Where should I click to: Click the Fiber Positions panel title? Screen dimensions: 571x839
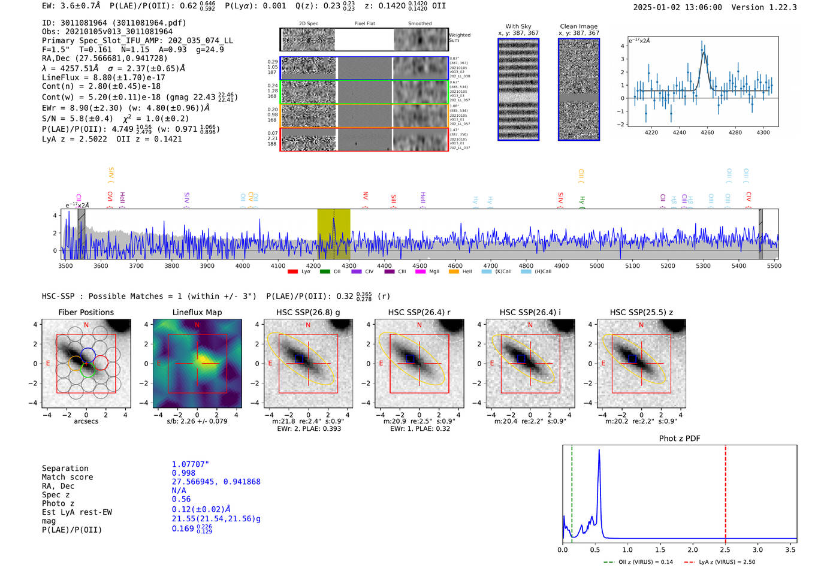coord(86,312)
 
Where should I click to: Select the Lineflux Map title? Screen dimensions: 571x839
coord(197,312)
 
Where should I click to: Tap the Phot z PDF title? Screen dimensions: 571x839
coord(680,439)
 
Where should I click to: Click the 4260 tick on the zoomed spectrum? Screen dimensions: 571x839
coord(707,132)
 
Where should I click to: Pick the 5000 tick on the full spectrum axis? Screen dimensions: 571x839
coord(597,266)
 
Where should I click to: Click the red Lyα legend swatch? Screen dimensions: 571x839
coord(292,272)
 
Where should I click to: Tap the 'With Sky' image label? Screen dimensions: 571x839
coord(518,26)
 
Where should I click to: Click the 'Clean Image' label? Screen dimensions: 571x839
coord(579,26)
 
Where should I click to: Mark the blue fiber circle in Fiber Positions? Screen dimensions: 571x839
coord(88,354)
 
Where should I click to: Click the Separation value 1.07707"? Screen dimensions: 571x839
coord(191,464)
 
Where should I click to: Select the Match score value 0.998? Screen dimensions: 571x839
coord(183,473)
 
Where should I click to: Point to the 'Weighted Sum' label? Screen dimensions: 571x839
coord(459,38)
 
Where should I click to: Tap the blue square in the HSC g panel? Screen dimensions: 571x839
coord(300,358)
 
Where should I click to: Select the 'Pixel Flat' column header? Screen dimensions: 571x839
coord(364,24)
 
